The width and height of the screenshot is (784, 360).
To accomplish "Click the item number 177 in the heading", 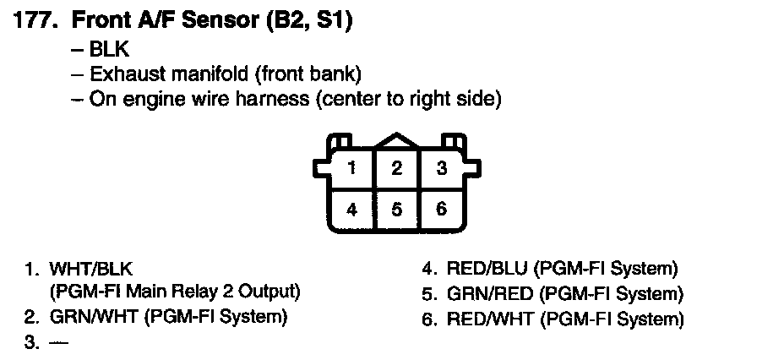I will point(35,21).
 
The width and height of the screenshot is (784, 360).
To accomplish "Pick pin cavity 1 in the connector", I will point(351,168).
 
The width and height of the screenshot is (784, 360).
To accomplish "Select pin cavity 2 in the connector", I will point(397,168).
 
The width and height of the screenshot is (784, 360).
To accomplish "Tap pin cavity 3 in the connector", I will point(441,168).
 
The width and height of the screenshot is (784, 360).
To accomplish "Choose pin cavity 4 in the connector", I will point(351,209).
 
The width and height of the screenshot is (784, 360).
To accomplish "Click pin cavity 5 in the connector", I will point(397,209).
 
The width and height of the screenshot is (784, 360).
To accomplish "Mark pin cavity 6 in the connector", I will point(441,209).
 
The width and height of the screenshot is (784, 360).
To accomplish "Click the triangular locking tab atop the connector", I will point(397,141).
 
